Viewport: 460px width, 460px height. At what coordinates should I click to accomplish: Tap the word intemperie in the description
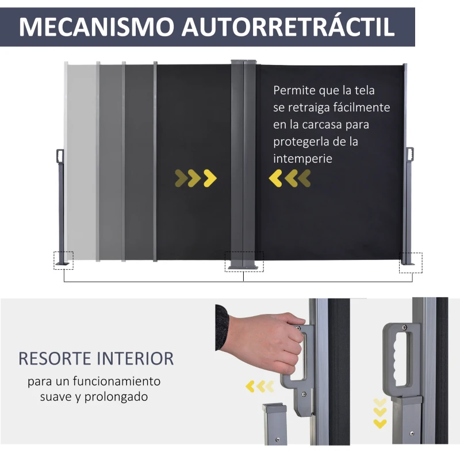[302, 159]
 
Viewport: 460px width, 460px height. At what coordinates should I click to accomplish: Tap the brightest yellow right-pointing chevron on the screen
[210, 178]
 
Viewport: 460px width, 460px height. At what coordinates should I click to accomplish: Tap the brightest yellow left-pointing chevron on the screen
[275, 178]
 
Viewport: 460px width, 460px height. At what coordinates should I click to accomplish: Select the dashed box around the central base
[244, 261]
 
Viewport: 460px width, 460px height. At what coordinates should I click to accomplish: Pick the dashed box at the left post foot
[63, 260]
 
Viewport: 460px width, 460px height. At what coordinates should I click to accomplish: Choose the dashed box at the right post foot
[411, 262]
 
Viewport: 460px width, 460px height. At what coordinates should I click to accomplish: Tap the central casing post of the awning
[244, 161]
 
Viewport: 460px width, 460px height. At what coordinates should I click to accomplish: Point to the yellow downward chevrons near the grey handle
[379, 413]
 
